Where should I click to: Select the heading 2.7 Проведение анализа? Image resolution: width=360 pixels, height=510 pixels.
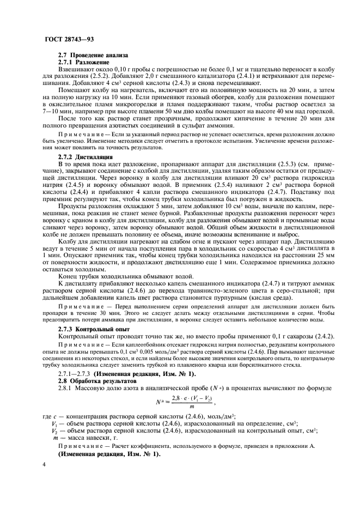point(93,55)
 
